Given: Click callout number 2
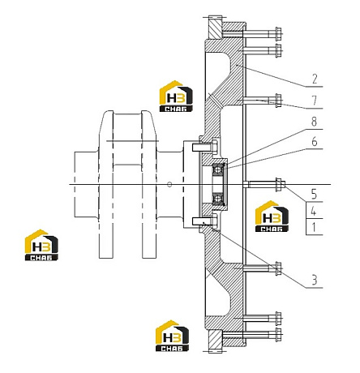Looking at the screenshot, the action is (x=315, y=79).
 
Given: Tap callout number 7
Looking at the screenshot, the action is (x=315, y=101).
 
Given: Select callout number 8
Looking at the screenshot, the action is (x=314, y=122).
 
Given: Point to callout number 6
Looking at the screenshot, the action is (x=315, y=141).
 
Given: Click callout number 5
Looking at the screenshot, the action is (x=314, y=194).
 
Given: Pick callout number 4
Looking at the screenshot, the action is (x=314, y=211).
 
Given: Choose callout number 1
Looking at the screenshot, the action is (x=314, y=228).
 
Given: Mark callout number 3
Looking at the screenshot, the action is (x=315, y=280).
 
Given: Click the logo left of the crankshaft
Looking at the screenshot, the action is (x=41, y=245).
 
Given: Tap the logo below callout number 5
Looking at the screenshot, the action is (x=272, y=217).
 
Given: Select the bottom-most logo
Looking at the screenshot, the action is (x=172, y=336).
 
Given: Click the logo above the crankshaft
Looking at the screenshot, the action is (x=176, y=96).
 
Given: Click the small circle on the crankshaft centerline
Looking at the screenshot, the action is (x=169, y=185).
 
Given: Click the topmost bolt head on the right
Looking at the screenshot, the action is (x=278, y=33).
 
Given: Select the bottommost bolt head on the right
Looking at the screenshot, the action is (x=278, y=335).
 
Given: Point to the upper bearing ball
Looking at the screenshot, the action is (x=217, y=169).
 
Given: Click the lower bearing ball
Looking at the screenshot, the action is (x=217, y=199).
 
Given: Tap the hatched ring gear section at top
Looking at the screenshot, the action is (x=215, y=28).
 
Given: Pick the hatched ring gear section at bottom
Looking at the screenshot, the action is (x=216, y=341).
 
